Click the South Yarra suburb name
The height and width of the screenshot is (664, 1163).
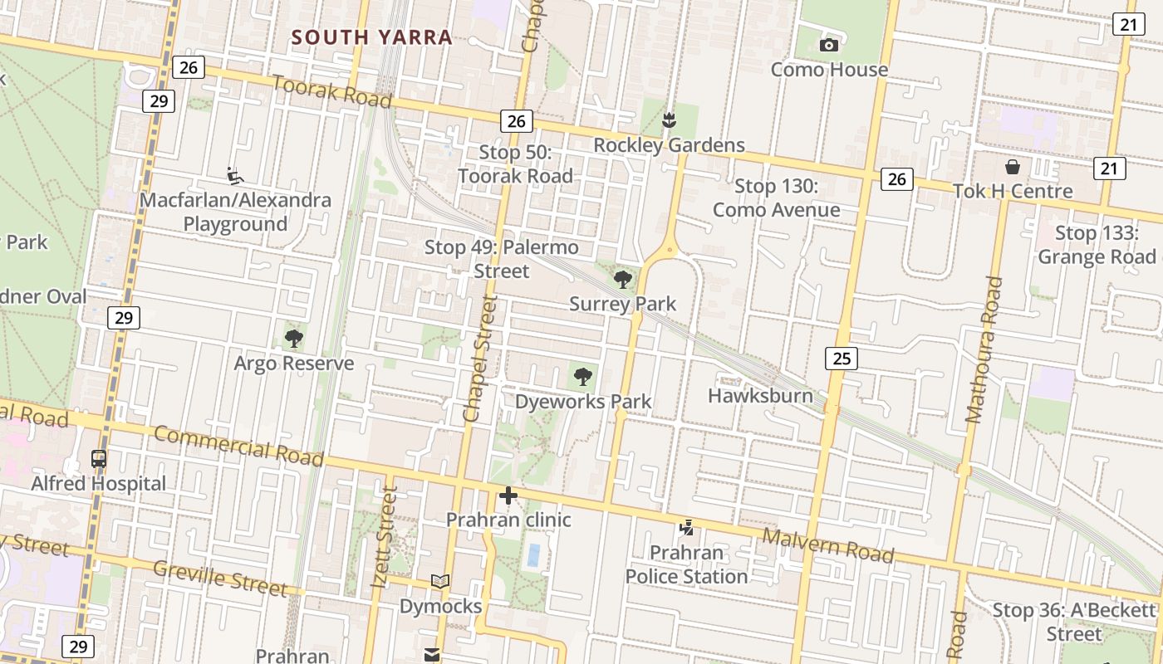point(372,37)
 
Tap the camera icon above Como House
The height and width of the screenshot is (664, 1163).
point(828,45)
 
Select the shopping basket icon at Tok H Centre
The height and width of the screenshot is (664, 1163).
point(1012,167)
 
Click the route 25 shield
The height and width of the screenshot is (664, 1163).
point(842,359)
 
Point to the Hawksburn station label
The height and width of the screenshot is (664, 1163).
point(760,395)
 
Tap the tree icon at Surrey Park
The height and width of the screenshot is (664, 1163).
point(622,279)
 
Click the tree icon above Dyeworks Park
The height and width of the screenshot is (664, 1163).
point(583,377)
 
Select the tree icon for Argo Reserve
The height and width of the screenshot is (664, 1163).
point(293,338)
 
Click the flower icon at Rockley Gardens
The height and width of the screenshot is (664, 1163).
point(669,121)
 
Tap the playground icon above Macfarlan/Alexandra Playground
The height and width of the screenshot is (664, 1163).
point(235,175)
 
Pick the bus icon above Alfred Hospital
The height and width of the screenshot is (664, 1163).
point(98,458)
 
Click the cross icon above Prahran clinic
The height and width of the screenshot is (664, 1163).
point(508,496)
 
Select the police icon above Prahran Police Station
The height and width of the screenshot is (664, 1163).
point(686,527)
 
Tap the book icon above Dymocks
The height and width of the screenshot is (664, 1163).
point(440,582)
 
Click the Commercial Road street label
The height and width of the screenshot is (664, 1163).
point(238,446)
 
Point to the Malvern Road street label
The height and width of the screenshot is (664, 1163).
point(828,544)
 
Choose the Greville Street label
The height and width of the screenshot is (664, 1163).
point(220,577)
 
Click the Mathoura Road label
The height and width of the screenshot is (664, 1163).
point(985,349)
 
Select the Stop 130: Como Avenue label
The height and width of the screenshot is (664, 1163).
point(777,198)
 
